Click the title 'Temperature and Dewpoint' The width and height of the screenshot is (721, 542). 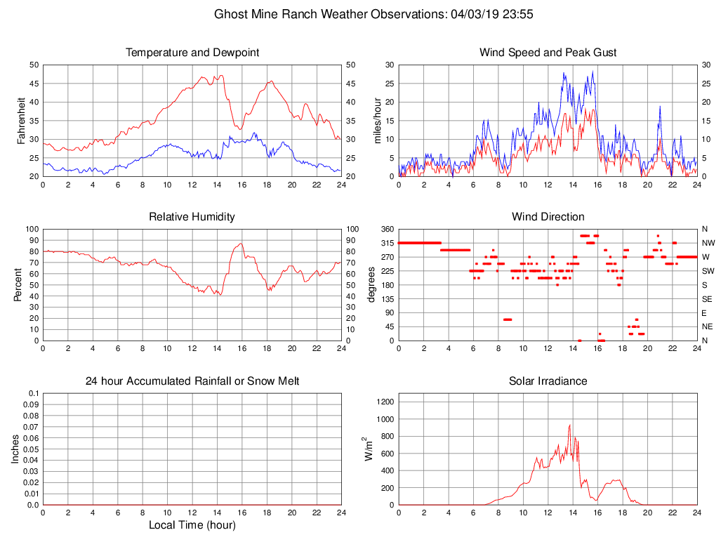[x=192, y=53]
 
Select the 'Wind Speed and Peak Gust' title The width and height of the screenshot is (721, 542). [x=548, y=53]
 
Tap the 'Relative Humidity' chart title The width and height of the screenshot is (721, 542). [x=192, y=217]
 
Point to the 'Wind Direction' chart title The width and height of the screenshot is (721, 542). [x=548, y=217]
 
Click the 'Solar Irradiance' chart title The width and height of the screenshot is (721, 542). [x=548, y=381]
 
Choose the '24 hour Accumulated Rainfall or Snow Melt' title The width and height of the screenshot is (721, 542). [x=192, y=381]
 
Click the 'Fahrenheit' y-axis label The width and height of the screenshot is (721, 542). [x=22, y=121]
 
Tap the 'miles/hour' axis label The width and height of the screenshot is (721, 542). [x=378, y=121]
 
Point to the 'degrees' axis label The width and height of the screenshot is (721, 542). [x=371, y=284]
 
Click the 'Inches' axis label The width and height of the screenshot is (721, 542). [x=16, y=449]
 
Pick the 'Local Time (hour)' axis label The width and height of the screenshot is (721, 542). [x=192, y=525]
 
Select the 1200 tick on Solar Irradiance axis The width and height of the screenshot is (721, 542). [x=385, y=402]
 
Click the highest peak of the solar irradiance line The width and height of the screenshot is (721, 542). [x=570, y=425]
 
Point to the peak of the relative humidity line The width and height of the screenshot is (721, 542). [x=241, y=244]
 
